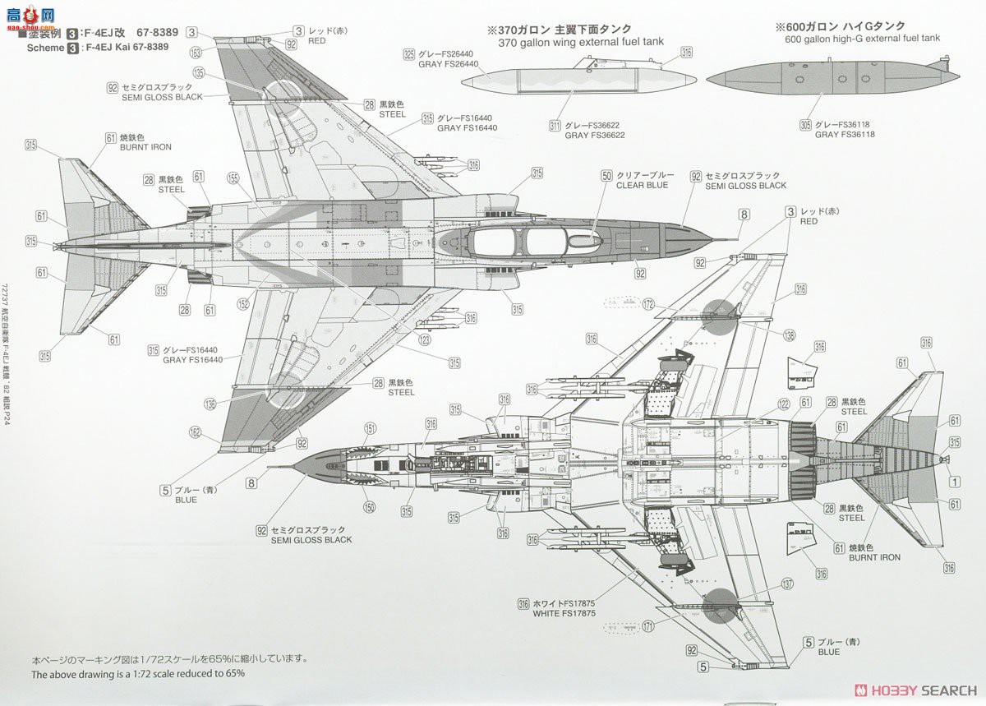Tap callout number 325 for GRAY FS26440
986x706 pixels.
[x=408, y=55]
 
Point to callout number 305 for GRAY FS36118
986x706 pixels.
[x=804, y=125]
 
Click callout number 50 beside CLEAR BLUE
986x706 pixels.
[x=606, y=175]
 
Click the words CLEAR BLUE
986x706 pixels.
[x=642, y=186]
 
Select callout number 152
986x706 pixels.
[x=243, y=304]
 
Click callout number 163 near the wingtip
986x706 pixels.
[x=195, y=52]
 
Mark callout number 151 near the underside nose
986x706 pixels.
[x=371, y=428]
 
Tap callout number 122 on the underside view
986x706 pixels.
[x=784, y=404]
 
